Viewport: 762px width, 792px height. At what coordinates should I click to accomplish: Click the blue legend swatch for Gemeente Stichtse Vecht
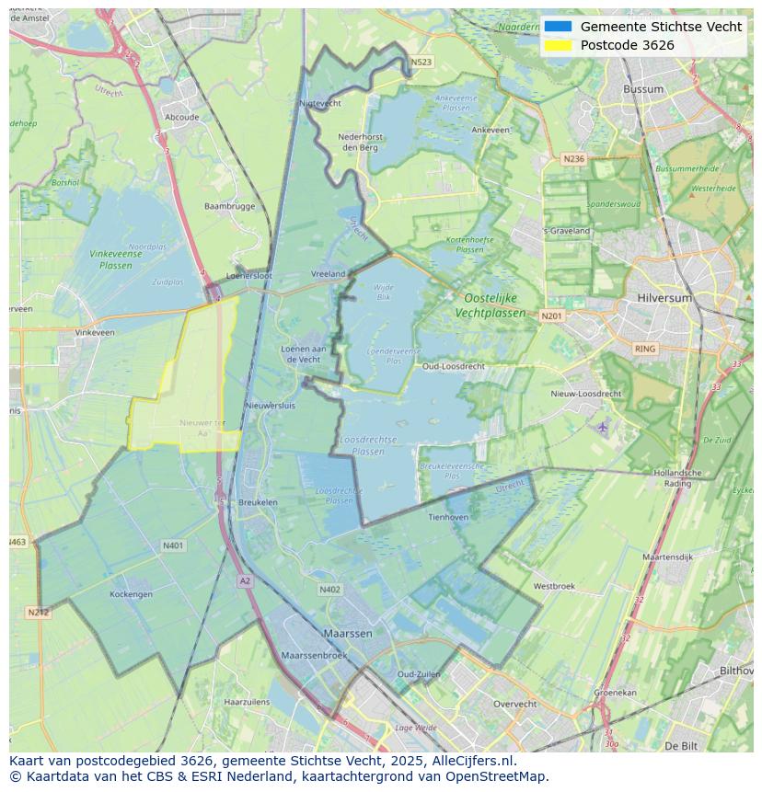pyautogui.click(x=558, y=27)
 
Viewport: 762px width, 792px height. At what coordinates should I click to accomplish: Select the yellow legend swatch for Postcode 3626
pyautogui.click(x=558, y=45)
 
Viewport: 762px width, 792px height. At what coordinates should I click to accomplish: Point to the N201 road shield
pyautogui.click(x=550, y=316)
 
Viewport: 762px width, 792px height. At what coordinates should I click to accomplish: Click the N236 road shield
pyautogui.click(x=573, y=159)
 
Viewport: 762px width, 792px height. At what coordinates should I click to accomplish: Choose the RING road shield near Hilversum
pyautogui.click(x=645, y=349)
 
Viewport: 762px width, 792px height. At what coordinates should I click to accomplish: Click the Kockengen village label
pyautogui.click(x=131, y=594)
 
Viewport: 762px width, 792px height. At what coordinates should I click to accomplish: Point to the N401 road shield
pyautogui.click(x=173, y=545)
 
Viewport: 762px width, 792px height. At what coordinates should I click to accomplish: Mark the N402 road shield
pyautogui.click(x=329, y=590)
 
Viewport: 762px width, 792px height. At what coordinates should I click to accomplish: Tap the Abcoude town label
pyautogui.click(x=181, y=117)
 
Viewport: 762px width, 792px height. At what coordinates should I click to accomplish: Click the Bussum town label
pyautogui.click(x=643, y=89)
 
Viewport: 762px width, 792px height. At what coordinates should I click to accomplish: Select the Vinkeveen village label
pyautogui.click(x=95, y=332)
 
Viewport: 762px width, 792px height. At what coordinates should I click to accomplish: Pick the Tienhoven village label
pyautogui.click(x=448, y=517)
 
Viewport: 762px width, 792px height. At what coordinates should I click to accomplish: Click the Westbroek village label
pyautogui.click(x=554, y=586)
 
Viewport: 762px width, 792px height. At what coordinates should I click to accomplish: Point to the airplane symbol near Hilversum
pyautogui.click(x=603, y=427)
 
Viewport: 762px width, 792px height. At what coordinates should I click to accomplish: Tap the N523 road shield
pyautogui.click(x=421, y=63)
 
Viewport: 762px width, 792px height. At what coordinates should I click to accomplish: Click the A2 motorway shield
pyautogui.click(x=245, y=580)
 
